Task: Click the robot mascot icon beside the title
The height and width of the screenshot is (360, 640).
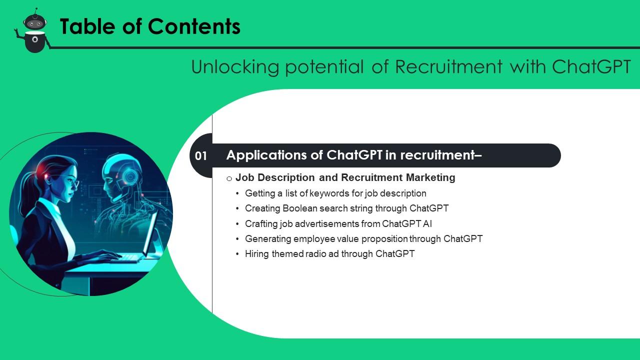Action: click(x=34, y=31)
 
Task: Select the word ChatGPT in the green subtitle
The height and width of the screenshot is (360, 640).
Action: click(x=591, y=66)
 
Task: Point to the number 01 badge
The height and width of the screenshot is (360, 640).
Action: click(x=201, y=156)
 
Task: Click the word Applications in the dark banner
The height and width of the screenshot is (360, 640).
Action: click(x=267, y=155)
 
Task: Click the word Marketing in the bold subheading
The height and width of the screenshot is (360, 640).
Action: click(x=430, y=177)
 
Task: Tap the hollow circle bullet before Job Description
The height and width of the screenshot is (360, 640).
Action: click(x=229, y=178)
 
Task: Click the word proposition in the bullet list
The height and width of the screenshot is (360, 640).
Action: click(x=384, y=238)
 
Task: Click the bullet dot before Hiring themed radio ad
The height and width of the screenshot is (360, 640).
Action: click(x=237, y=254)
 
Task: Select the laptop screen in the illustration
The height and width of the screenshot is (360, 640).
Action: click(x=151, y=232)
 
